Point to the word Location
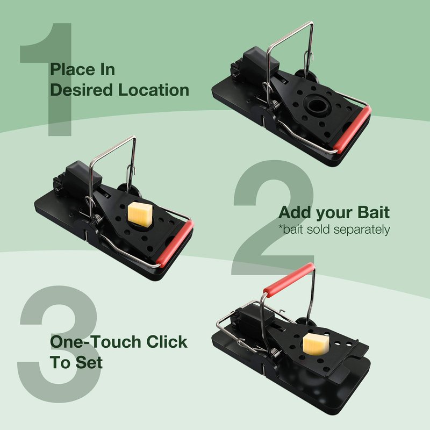coord(154,90)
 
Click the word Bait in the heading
coord(374,212)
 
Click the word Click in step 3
coord(167,342)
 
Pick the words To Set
coord(76,362)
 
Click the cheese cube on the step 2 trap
coord(140,214)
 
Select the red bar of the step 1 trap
coord(353,129)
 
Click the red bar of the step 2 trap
coord(176,243)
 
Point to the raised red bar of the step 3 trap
coord(289,279)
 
